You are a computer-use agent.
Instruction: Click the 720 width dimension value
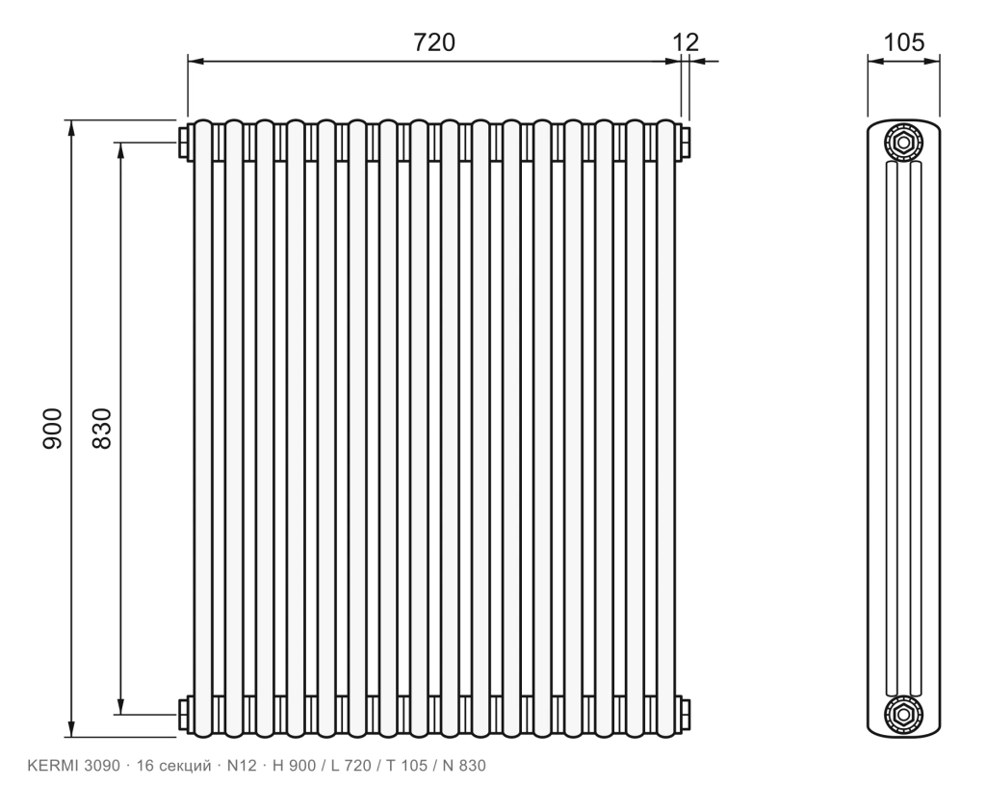tap(434, 42)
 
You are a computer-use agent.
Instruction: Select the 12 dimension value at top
tap(686, 42)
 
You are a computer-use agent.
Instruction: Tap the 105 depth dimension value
tap(904, 42)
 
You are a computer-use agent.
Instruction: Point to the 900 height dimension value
tap(53, 428)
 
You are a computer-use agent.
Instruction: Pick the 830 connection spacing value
tap(102, 428)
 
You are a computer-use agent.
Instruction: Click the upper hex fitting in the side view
tap(903, 143)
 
